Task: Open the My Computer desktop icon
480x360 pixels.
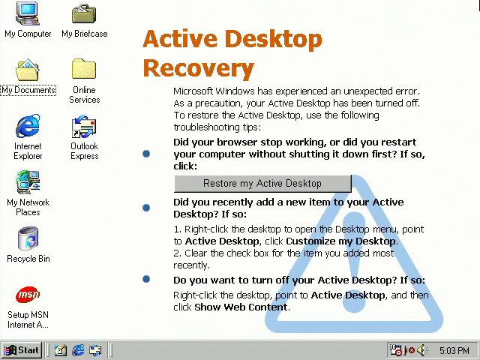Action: pos(28,13)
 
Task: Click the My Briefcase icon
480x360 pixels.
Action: pos(84,13)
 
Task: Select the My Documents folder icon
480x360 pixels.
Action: pos(28,70)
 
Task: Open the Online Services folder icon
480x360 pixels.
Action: pos(84,69)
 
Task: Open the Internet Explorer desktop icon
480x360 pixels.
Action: pos(28,126)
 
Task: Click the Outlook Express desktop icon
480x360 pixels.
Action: pos(84,126)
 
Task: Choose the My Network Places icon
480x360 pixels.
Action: pos(28,182)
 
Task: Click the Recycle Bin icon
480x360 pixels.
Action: pos(28,238)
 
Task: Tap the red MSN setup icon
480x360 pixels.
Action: pos(28,295)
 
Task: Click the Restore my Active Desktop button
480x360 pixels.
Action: pos(262,184)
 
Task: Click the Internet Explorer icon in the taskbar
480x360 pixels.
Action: pos(78,350)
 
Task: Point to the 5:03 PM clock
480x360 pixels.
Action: pos(454,350)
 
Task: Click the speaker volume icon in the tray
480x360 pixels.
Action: pos(422,350)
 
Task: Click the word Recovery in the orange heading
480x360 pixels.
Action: pos(198,68)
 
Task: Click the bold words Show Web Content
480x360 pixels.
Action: pos(241,307)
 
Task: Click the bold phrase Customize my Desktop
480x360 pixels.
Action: pos(340,241)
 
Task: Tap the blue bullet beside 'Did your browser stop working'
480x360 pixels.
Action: pos(146,154)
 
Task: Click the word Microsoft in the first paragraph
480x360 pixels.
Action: pos(193,91)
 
